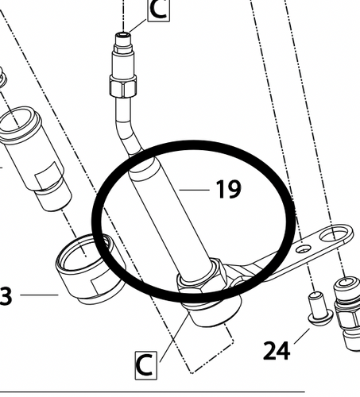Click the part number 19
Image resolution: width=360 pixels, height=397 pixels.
229,189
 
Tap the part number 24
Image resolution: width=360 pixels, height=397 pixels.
277,351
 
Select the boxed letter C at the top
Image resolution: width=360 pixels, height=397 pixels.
158,10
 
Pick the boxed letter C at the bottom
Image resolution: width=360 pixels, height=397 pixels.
146,365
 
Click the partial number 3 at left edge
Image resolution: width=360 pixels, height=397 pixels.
6,296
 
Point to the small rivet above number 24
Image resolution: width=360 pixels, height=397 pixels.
319,309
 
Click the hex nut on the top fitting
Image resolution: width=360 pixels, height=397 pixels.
123,86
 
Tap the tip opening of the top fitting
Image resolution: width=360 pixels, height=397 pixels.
123,34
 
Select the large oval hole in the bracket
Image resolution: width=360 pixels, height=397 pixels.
334,234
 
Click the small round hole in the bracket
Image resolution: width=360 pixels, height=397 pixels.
303,249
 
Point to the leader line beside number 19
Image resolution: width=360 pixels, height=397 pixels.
195,190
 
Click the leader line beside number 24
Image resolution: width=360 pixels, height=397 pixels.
302,336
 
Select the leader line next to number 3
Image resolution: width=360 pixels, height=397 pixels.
39,295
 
